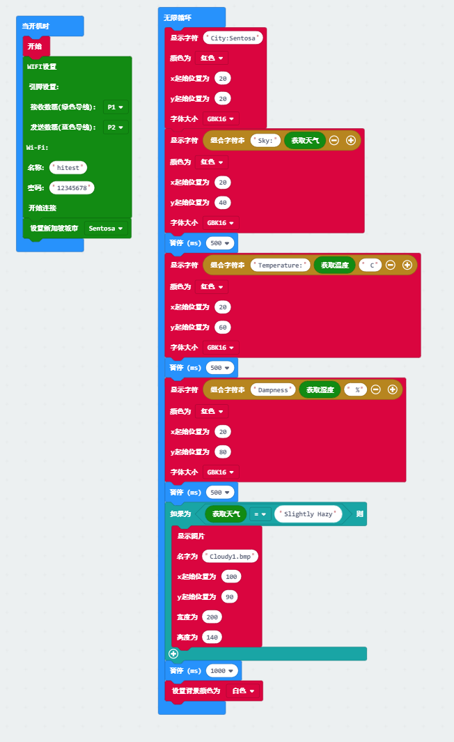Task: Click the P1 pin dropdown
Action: pyautogui.click(x=115, y=107)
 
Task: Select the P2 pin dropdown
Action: pyautogui.click(x=115, y=127)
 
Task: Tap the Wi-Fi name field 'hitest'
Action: pyautogui.click(x=68, y=168)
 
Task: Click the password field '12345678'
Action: pyautogui.click(x=72, y=188)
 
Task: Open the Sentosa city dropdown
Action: pyautogui.click(x=106, y=229)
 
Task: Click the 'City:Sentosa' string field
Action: pyautogui.click(x=233, y=38)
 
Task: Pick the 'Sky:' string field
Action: pyautogui.click(x=265, y=140)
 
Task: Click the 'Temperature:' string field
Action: pyautogui.click(x=280, y=265)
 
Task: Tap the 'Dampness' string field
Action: pyautogui.click(x=273, y=389)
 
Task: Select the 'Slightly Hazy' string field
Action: pyautogui.click(x=308, y=514)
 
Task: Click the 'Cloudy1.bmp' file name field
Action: pyautogui.click(x=230, y=556)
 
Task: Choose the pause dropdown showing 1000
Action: pyautogui.click(x=222, y=670)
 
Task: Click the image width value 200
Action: pyautogui.click(x=212, y=617)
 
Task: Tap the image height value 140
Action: pyautogui.click(x=212, y=637)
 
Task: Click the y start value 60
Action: pyautogui.click(x=223, y=327)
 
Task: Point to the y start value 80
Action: pyautogui.click(x=223, y=451)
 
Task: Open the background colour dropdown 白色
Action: pyautogui.click(x=243, y=691)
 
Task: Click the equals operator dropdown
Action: pyautogui.click(x=260, y=514)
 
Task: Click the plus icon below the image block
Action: pyautogui.click(x=173, y=654)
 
